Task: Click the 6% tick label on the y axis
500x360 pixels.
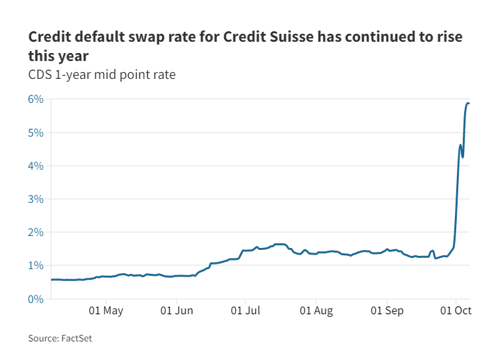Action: [x=35, y=99]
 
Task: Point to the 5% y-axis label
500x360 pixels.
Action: [x=35, y=133]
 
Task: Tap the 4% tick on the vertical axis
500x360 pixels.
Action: [x=35, y=166]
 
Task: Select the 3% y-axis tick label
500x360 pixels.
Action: [x=35, y=199]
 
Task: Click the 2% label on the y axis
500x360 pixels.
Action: [x=35, y=233]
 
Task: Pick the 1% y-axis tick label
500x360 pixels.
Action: [x=35, y=266]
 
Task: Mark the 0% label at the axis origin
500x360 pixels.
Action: [x=35, y=299]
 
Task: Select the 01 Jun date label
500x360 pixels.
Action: [x=177, y=310]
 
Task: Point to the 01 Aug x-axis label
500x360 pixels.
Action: [x=316, y=310]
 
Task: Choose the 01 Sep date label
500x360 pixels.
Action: [x=387, y=310]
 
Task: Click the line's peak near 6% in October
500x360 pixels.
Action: [x=468, y=103]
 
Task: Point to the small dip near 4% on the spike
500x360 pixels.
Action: [x=463, y=156]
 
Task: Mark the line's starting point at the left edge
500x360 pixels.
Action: [x=52, y=280]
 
